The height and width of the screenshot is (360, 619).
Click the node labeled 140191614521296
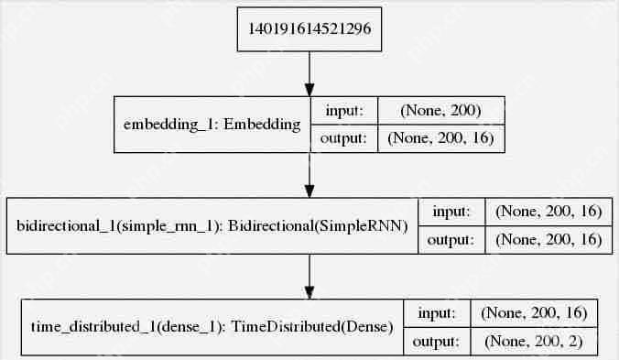(x=309, y=29)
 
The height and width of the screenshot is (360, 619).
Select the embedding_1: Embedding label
(x=212, y=125)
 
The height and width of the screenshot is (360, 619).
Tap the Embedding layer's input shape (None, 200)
(x=441, y=110)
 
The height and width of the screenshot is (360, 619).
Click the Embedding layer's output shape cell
(x=441, y=138)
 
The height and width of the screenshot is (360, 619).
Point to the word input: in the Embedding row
(x=344, y=110)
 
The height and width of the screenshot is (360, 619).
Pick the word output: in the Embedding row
(x=343, y=138)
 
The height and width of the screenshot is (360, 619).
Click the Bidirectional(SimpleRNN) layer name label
(x=212, y=226)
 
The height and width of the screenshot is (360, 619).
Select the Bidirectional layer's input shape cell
(x=548, y=212)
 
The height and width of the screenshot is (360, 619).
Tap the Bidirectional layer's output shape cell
(x=548, y=240)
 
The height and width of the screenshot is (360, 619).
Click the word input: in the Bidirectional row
(x=451, y=212)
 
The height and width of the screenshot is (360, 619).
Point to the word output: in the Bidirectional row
(x=451, y=240)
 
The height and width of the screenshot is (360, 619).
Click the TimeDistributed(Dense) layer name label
(x=212, y=327)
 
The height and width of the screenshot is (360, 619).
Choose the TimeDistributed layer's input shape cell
(x=534, y=313)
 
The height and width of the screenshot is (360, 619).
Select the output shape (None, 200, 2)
(x=534, y=341)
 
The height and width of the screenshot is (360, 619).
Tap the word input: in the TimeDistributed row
(x=437, y=313)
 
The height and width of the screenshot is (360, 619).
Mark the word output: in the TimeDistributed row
(x=436, y=341)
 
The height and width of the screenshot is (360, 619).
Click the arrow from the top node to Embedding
(x=309, y=74)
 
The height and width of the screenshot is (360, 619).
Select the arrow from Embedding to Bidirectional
(x=309, y=175)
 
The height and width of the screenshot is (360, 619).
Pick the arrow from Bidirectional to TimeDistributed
(x=309, y=277)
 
